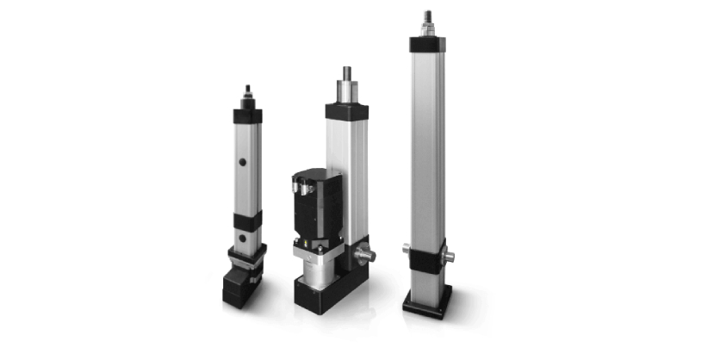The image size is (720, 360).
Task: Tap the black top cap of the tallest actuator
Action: tap(428, 44)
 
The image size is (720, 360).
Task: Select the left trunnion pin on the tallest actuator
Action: tap(407, 250)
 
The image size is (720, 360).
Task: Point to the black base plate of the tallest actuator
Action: tap(428, 303)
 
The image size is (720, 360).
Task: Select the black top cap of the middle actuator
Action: tap(347, 111)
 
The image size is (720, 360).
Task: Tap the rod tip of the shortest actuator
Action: tap(248, 92)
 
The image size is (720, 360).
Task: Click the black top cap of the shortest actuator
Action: tap(248, 115)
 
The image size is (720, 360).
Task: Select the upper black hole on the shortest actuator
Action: tap(243, 160)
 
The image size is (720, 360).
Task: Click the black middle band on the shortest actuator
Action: tap(248, 220)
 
